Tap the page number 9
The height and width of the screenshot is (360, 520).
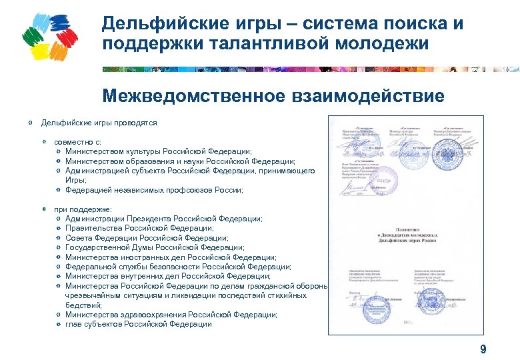coord(483,349)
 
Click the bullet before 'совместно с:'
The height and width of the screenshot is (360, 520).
coord(44,142)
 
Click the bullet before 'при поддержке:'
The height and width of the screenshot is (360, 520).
coord(44,209)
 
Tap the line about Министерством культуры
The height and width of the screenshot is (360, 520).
coord(159,151)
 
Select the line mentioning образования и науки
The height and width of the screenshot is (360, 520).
coord(180,161)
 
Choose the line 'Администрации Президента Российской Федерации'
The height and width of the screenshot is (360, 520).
coord(164,219)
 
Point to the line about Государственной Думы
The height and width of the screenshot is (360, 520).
coord(159,247)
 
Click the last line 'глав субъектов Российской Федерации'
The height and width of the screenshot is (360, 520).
coord(139,325)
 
